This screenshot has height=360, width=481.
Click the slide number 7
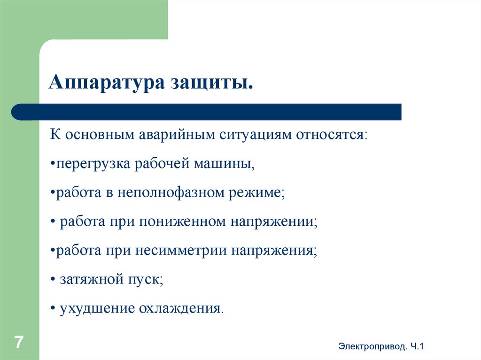point(19,342)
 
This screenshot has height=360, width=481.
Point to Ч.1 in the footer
point(417,346)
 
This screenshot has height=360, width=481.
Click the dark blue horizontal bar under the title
point(207,112)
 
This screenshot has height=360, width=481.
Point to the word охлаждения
point(179,309)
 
